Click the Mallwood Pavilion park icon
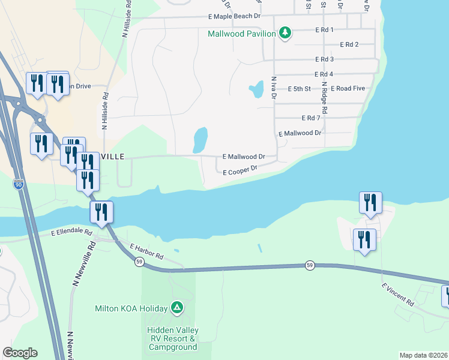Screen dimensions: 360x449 pos(285,33)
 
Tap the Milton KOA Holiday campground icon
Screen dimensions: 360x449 pos(176,308)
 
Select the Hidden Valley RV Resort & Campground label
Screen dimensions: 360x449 pos(173,338)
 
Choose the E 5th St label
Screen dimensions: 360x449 pos(299,89)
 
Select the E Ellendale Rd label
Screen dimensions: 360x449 pos(71,232)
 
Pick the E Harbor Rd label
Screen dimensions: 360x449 pos(146,251)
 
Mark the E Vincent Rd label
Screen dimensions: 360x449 pos(397,295)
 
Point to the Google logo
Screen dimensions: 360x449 pos(20,353)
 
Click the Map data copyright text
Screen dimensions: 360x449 pos(423,355)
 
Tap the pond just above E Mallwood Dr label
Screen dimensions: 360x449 pos(200,140)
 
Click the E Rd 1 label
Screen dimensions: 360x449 pos(324,29)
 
